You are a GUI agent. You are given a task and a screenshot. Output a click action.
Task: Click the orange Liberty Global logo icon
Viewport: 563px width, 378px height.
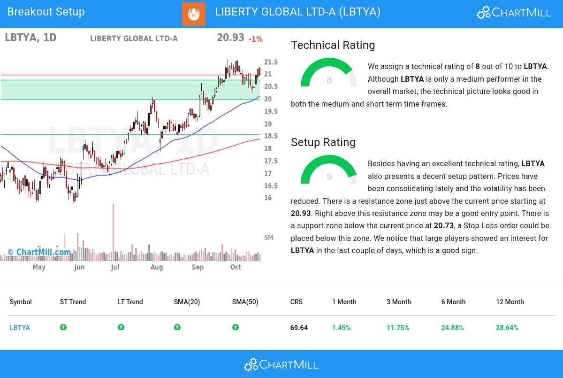tap(194, 14)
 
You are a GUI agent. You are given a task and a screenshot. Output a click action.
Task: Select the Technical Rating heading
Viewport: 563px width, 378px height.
tap(333, 45)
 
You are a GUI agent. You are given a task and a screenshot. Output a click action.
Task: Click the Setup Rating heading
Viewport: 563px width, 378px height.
tap(323, 142)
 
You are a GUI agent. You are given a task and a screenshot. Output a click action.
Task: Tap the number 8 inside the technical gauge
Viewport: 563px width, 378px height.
tap(329, 80)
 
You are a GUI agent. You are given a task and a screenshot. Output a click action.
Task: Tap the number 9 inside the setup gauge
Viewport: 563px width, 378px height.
tap(329, 177)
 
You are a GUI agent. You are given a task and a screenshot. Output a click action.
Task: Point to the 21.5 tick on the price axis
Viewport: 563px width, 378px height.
tap(271, 62)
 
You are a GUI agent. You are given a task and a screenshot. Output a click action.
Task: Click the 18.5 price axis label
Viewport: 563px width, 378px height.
tap(271, 136)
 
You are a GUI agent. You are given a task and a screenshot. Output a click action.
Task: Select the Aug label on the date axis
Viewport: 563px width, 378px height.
tap(157, 267)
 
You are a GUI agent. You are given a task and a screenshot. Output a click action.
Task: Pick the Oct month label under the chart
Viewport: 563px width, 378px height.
tap(236, 267)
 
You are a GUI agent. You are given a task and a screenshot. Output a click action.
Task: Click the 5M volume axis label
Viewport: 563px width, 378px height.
tap(269, 238)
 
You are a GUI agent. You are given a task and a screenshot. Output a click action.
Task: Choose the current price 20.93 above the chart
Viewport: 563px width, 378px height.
tap(230, 38)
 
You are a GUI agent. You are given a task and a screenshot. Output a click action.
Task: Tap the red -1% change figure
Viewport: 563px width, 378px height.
tap(256, 39)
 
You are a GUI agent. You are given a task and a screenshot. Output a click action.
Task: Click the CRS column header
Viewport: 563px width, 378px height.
tap(297, 302)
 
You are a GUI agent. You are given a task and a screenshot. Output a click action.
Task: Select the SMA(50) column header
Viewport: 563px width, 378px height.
tap(245, 302)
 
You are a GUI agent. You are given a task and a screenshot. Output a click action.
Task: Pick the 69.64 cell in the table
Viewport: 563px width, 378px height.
tap(299, 328)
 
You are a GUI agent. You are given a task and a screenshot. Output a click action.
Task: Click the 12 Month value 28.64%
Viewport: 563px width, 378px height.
tap(507, 328)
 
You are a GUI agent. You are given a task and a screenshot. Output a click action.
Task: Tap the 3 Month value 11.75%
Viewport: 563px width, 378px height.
tap(398, 328)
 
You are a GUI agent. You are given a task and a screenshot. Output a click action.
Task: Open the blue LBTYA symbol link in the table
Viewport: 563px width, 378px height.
tap(20, 328)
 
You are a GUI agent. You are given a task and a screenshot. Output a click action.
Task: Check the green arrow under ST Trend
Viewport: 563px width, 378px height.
tap(63, 327)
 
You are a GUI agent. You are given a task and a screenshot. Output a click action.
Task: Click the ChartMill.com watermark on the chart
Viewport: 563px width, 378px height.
tap(39, 253)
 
